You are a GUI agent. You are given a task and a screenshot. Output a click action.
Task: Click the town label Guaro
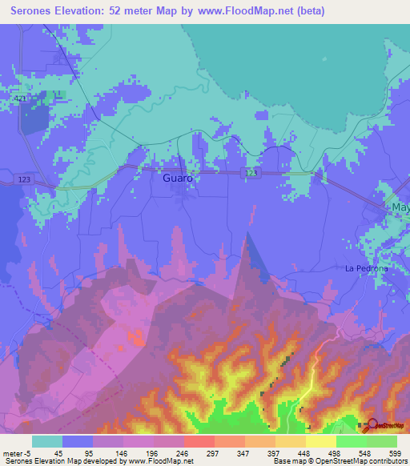(x=177, y=178)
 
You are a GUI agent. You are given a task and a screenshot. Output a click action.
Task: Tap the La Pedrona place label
(x=366, y=268)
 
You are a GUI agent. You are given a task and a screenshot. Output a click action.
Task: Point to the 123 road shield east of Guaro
(x=251, y=172)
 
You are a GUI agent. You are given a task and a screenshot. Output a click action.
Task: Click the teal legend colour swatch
(x=47, y=441)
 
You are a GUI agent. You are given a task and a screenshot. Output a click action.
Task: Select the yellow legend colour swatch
(x=321, y=441)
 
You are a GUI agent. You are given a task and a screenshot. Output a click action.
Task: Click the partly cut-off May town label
(x=400, y=207)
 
